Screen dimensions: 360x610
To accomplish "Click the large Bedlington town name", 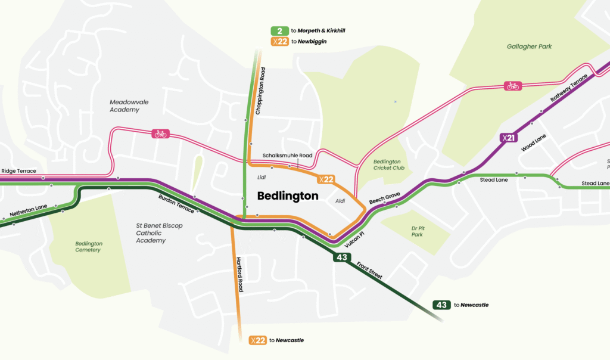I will [x=288, y=195].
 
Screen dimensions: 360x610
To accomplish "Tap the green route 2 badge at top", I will [x=279, y=30].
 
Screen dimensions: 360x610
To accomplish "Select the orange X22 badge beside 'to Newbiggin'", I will [x=279, y=42].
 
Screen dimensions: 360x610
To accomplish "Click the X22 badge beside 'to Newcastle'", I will [x=257, y=340].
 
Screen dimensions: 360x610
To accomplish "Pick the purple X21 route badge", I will [x=507, y=138].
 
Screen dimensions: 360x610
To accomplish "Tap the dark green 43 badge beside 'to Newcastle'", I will [x=441, y=305].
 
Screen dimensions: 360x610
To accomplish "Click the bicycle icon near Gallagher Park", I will [x=512, y=86].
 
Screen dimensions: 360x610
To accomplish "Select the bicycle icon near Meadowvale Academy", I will [x=160, y=134].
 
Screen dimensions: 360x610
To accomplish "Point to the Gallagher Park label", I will [x=530, y=46].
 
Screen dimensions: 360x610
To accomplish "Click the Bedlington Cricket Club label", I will [x=389, y=165].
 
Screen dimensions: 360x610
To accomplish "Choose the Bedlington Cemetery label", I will [x=89, y=247].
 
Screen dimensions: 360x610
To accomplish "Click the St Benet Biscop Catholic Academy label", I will [x=159, y=233].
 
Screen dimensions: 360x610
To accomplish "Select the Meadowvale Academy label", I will [x=129, y=105].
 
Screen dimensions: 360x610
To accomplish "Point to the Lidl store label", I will [x=261, y=177].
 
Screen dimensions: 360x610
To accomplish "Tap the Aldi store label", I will [x=340, y=201].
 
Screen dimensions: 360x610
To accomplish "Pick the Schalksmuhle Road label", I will [x=288, y=156].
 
